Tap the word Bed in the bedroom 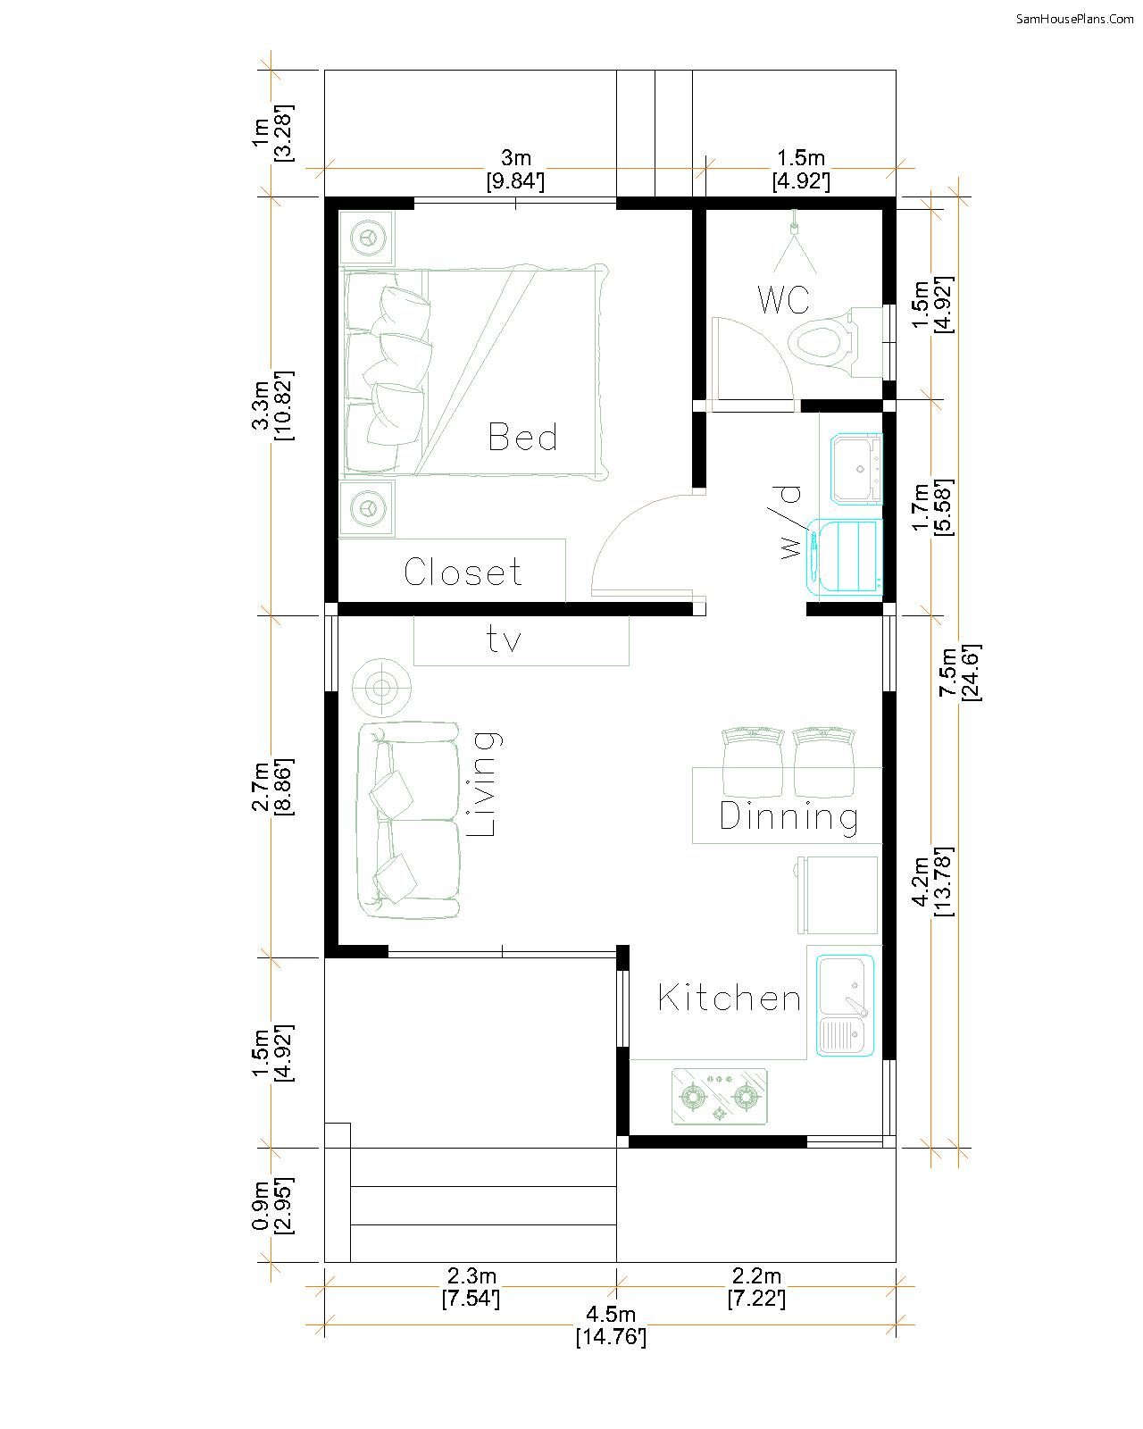pos(522,437)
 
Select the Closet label pos(463,572)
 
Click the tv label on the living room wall pos(504,639)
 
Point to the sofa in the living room pos(408,820)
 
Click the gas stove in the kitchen pos(719,1097)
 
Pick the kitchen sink pos(845,1006)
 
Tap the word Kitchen pos(730,998)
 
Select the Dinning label pos(788,816)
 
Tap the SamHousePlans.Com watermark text pos(1074,19)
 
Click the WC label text pos(783,299)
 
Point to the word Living pos(483,784)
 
